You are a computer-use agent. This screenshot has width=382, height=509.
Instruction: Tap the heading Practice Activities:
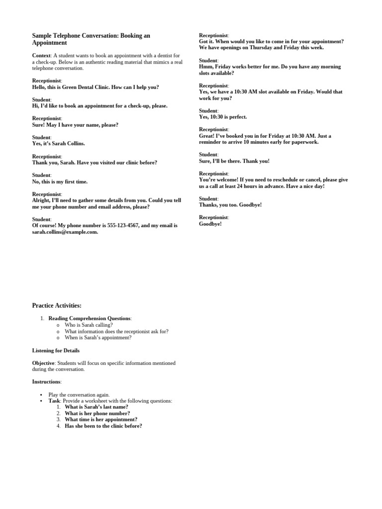(57, 305)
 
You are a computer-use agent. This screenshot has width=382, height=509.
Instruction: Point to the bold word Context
(41, 55)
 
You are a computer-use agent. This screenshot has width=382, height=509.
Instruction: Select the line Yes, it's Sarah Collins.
(59, 144)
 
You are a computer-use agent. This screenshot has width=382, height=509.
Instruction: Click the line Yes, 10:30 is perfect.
(223, 117)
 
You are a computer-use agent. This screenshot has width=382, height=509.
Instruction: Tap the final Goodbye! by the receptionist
(210, 224)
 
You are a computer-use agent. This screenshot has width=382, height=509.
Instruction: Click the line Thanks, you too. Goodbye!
(230, 205)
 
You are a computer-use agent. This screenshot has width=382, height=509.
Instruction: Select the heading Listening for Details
(56, 350)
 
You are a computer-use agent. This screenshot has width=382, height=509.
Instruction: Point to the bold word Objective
(43, 363)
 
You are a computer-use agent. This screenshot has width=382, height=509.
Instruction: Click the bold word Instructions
(46, 382)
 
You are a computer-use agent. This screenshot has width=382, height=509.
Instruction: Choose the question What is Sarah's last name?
(96, 407)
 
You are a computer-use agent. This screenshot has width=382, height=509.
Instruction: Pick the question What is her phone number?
(97, 413)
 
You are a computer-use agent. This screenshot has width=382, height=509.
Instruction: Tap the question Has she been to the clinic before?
(103, 426)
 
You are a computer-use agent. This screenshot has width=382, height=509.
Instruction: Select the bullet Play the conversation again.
(79, 395)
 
